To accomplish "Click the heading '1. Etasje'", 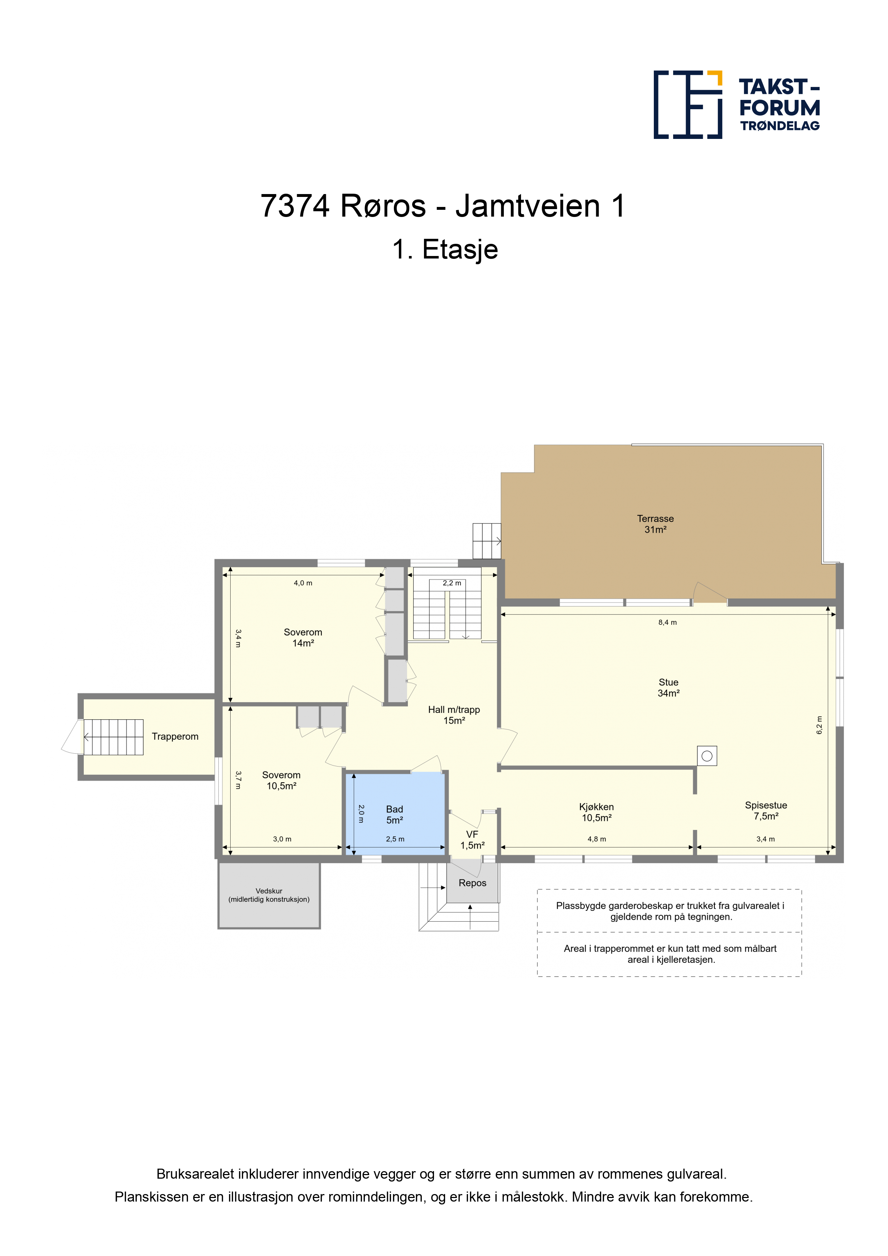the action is click(445, 250).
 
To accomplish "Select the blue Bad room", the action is click(395, 813).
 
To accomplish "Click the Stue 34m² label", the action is click(668, 688).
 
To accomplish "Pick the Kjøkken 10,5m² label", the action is click(597, 812).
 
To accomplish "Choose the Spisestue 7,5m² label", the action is click(766, 811).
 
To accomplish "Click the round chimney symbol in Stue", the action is click(707, 756).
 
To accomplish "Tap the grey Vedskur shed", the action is click(269, 895).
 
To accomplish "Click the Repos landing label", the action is click(472, 883).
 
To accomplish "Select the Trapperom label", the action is click(175, 736).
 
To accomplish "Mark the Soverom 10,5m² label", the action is click(281, 780).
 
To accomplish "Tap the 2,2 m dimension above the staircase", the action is click(452, 583).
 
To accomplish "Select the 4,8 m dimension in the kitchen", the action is click(597, 839).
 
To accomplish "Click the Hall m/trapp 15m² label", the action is click(454, 715).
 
